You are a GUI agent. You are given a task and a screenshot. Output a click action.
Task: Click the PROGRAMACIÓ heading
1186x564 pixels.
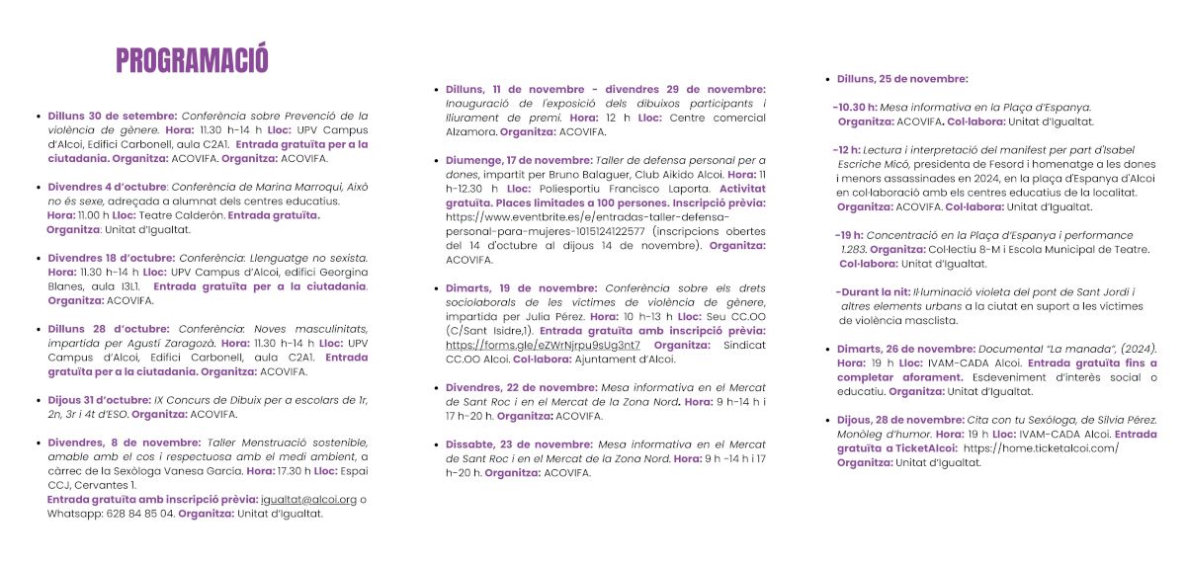point(192,59)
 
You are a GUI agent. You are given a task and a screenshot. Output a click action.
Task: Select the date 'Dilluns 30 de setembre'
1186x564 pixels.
point(113,116)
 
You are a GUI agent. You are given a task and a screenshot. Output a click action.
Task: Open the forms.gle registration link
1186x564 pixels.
point(543,345)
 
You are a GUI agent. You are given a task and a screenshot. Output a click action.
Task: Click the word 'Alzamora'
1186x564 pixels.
point(470,131)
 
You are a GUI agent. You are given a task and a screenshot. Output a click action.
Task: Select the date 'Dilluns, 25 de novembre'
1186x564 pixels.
point(902,79)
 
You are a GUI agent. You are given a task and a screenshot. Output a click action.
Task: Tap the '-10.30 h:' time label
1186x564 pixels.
point(855,107)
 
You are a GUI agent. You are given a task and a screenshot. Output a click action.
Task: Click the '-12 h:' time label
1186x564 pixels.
point(847,149)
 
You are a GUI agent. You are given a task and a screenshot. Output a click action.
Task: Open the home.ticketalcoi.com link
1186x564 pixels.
point(1041,447)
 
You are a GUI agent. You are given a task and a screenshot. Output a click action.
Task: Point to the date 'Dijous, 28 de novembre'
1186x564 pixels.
point(901,420)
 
